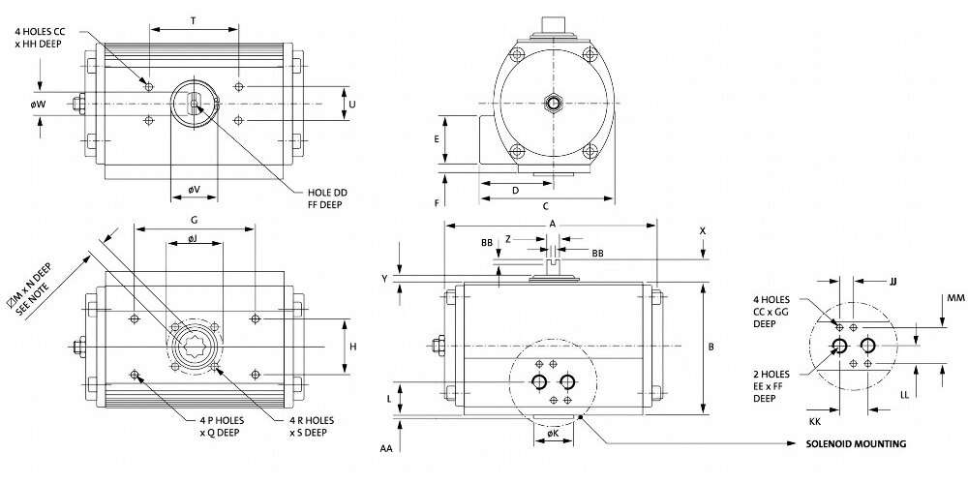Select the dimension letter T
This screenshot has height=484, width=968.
pos(194,19)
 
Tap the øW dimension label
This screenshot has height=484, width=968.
pos(39,104)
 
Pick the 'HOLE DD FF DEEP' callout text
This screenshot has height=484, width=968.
pos(327,198)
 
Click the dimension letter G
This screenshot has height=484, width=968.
pos(194,221)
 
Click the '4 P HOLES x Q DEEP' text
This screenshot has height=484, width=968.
pos(215,426)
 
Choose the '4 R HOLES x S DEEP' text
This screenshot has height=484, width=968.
pos(312,426)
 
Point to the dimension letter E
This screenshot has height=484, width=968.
pos(438,138)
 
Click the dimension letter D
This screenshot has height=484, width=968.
pos(515,190)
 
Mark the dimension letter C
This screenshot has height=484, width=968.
pos(546,206)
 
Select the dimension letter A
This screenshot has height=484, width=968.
pos(552,222)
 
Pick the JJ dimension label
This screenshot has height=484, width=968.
pos(892,281)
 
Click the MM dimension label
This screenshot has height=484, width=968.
pos(955,297)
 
